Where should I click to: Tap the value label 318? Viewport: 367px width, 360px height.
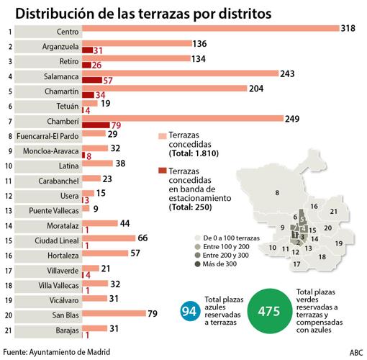[351, 28]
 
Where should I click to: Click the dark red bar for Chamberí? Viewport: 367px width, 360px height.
[96, 125]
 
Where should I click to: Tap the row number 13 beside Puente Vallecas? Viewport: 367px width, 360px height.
[6, 210]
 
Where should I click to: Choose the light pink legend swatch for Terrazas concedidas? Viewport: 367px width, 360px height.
[162, 135]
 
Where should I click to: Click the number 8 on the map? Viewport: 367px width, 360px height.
[276, 192]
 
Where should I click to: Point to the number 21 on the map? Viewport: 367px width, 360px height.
[333, 212]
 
